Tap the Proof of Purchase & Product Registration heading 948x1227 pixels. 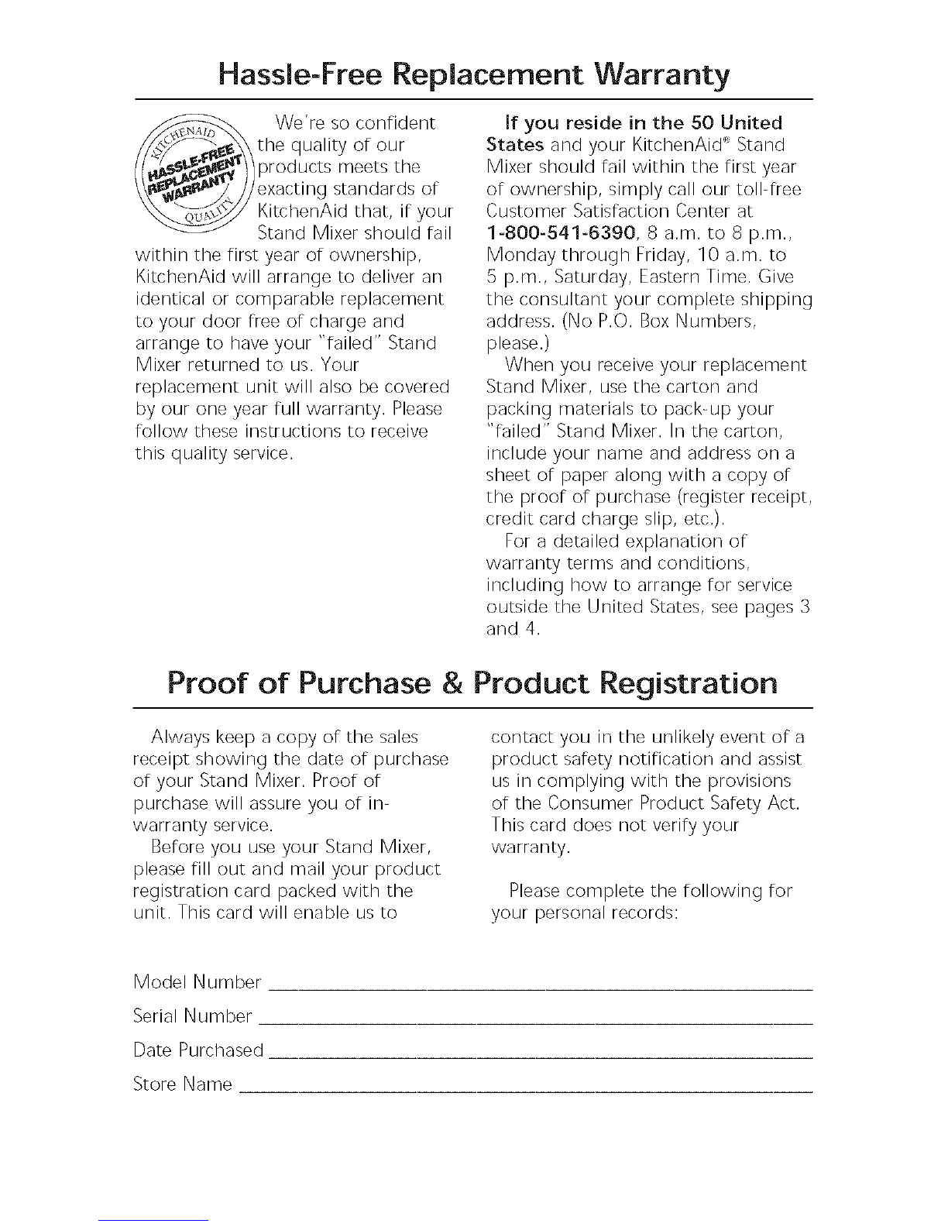click(473, 684)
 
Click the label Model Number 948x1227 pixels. click(197, 982)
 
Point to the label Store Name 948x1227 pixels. click(183, 1084)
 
